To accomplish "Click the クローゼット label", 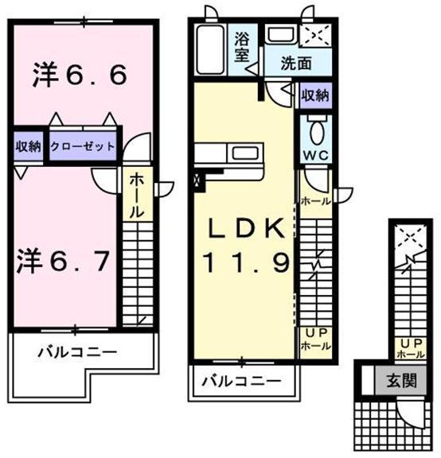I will (83, 147).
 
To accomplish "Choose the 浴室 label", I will (241, 45).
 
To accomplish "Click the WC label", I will (314, 155).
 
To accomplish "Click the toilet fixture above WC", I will (315, 130).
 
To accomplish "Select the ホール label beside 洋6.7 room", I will (136, 196).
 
